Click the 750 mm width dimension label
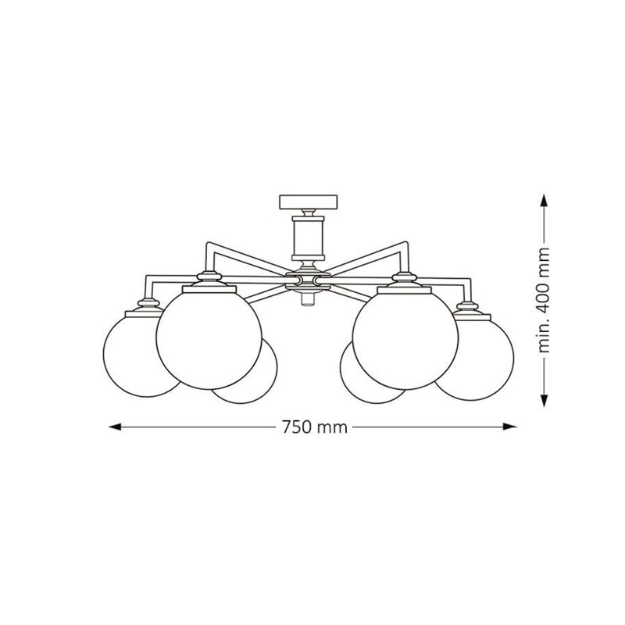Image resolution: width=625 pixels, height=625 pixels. click(x=315, y=427)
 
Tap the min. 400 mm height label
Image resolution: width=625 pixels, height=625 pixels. click(x=544, y=300)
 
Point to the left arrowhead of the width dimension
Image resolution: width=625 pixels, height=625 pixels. click(x=115, y=427)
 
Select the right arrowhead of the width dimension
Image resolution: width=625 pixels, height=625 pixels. click(x=510, y=427)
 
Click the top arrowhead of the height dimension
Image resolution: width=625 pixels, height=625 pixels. click(x=544, y=201)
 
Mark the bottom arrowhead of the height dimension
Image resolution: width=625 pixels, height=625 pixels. click(x=544, y=401)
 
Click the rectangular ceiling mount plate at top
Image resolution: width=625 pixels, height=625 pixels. click(x=308, y=202)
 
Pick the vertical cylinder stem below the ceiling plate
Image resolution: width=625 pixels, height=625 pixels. click(x=308, y=238)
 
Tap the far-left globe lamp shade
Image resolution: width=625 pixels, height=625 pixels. click(x=135, y=354)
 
